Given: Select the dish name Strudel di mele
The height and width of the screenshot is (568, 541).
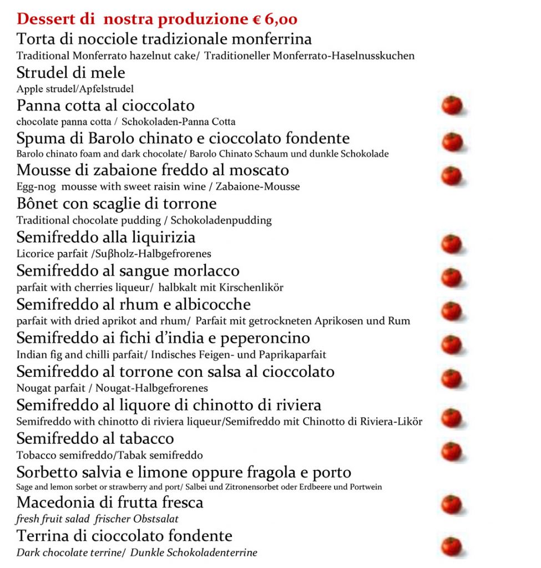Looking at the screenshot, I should click(71, 73).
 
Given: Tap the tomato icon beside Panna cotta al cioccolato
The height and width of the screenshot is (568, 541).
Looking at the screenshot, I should click(452, 105).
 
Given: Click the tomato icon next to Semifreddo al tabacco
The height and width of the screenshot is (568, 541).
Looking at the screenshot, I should click(452, 450).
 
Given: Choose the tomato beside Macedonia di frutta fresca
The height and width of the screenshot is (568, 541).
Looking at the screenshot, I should click(452, 504).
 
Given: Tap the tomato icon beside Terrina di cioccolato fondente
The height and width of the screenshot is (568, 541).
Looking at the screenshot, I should click(452, 546).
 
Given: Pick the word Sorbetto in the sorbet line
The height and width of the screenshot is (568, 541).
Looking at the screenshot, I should click(48, 473).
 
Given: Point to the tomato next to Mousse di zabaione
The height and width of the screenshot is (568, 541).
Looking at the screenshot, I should click(452, 175).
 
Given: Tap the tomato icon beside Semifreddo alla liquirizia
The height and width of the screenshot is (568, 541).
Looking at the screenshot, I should click(452, 244).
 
